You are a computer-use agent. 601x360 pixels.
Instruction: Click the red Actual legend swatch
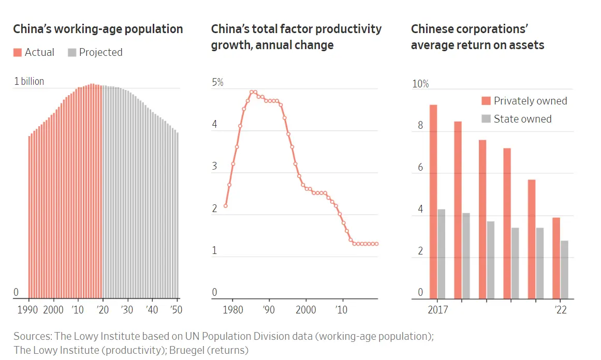[x=18, y=52]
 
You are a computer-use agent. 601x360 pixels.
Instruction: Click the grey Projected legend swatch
[x=72, y=52]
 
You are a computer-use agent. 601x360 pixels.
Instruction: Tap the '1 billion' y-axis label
[x=29, y=81]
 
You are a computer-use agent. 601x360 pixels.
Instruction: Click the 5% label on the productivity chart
[x=217, y=82]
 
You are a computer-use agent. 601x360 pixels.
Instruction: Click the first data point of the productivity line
[x=226, y=205]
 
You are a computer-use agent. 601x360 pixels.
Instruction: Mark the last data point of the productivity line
[x=377, y=244]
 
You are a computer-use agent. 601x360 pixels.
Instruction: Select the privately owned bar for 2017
[x=433, y=202]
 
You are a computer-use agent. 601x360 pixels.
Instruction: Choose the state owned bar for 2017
[x=442, y=254]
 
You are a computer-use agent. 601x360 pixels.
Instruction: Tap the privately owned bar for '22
[x=556, y=258]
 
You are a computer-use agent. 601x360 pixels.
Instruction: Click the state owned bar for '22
[x=564, y=269]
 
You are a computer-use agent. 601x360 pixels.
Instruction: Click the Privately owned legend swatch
[x=486, y=101]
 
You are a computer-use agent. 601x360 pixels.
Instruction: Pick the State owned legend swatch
[x=486, y=119]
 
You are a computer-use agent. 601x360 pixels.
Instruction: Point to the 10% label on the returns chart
[x=420, y=84]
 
